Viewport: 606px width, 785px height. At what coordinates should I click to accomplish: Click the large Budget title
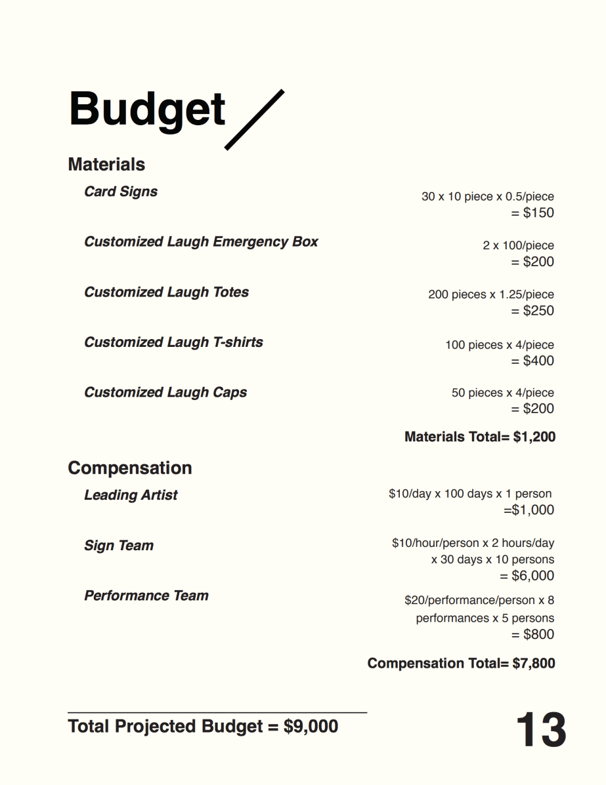tap(147, 110)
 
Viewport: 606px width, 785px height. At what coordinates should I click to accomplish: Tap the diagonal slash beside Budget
tap(255, 119)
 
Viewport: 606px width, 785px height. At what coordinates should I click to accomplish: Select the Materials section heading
tap(106, 164)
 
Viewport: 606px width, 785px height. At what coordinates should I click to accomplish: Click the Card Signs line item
tap(121, 191)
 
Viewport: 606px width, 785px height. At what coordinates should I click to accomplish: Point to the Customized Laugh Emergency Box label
tap(201, 241)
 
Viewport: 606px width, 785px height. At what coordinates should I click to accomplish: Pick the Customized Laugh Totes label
tap(166, 292)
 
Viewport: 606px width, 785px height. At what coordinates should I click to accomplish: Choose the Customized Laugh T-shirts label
tap(173, 342)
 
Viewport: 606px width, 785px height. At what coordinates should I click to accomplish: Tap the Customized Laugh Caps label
tap(165, 392)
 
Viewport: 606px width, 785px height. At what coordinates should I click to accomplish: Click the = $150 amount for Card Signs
tap(532, 212)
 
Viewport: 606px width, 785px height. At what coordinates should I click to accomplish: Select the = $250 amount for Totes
tap(532, 310)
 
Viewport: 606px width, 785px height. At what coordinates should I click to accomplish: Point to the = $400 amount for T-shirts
tap(532, 361)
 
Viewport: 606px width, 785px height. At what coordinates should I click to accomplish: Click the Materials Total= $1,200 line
tap(480, 437)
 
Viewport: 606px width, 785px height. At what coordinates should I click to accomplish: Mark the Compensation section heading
tap(130, 468)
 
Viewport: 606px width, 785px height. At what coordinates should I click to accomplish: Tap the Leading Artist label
tap(131, 495)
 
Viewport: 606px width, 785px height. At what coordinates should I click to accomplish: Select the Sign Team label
tap(119, 546)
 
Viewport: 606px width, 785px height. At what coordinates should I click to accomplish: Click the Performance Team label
tap(146, 595)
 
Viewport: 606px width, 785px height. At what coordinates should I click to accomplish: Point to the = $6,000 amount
tap(527, 576)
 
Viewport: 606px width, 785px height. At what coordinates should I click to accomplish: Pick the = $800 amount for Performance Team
tap(532, 634)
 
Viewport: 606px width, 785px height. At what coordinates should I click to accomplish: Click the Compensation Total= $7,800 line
tap(461, 663)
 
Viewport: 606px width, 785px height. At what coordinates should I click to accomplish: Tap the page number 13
tap(541, 730)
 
